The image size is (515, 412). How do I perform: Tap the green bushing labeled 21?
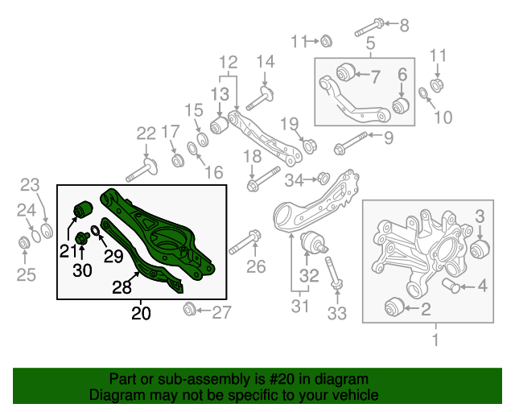[x=84, y=208]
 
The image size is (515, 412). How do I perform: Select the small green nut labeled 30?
[x=81, y=237]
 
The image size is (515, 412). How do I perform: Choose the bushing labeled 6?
[x=402, y=104]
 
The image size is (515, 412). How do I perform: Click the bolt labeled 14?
[x=262, y=101]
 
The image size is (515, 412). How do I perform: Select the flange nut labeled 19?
[x=309, y=146]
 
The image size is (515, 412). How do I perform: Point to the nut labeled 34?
[x=322, y=178]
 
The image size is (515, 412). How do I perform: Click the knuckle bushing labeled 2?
[x=393, y=306]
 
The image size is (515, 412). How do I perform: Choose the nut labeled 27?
[x=191, y=308]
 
